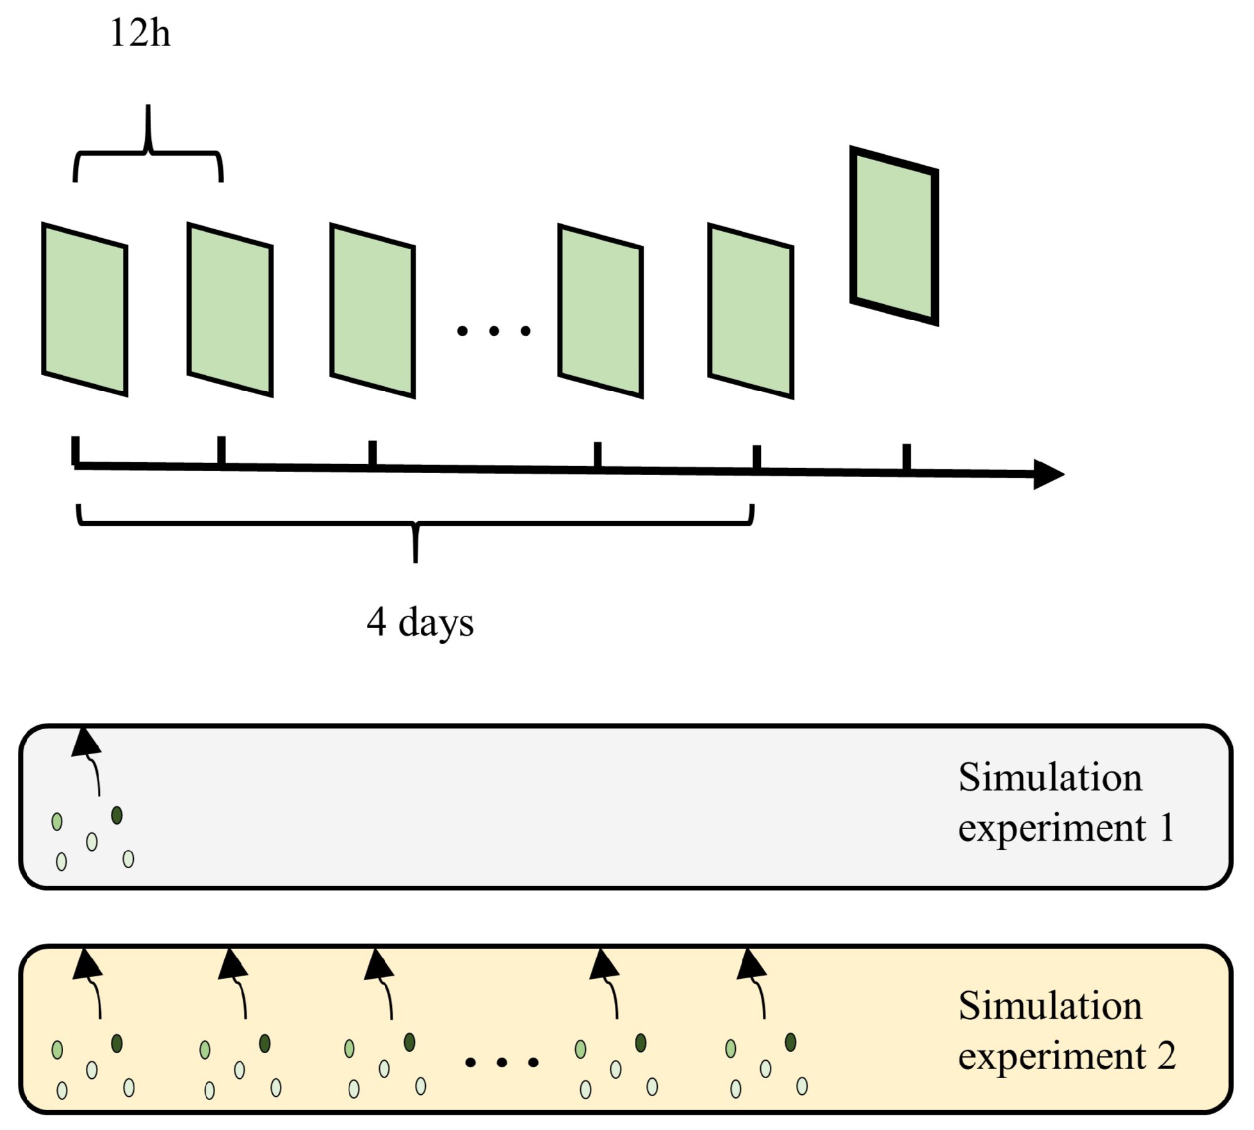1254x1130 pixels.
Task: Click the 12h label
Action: point(140,33)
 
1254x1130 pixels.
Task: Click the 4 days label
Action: point(419,622)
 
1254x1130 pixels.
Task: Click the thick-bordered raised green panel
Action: point(894,236)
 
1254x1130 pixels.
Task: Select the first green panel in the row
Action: point(85,309)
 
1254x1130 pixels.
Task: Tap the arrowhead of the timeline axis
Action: point(1048,474)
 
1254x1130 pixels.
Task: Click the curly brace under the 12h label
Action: point(149,150)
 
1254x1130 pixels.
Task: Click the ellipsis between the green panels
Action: point(493,331)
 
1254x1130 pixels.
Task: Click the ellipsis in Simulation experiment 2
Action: point(501,1063)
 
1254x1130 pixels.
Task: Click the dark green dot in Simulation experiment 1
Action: point(117,815)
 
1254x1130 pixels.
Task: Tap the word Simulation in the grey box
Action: point(1050,778)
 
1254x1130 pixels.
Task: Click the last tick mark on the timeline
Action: point(907,457)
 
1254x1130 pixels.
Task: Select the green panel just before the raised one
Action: point(751,311)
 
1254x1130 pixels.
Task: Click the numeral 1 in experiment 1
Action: point(1167,828)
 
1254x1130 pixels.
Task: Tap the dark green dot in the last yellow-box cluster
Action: point(790,1042)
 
